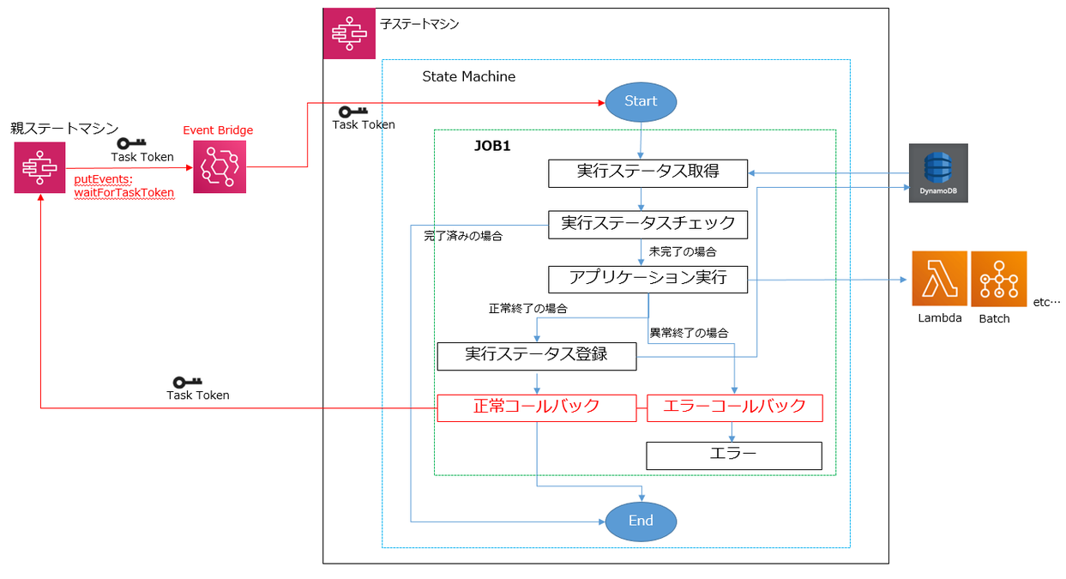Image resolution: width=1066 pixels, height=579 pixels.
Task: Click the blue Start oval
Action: tap(641, 101)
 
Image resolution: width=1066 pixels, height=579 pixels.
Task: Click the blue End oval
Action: tap(641, 521)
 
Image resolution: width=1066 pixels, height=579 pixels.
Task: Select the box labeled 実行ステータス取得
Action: tap(647, 172)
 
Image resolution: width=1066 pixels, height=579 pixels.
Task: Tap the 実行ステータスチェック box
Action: tap(647, 224)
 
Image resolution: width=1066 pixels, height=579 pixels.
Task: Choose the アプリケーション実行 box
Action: tap(647, 279)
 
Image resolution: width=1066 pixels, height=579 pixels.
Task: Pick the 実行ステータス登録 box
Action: tap(536, 356)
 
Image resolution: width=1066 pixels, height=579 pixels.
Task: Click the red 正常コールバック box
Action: tap(536, 407)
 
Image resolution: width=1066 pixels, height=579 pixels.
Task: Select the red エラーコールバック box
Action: tap(735, 407)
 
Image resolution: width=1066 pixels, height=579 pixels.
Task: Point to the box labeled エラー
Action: tap(733, 455)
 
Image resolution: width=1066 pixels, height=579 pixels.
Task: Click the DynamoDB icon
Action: tap(938, 172)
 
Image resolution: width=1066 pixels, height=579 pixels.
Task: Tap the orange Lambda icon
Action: tap(939, 279)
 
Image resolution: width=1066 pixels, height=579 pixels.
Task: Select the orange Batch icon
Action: tap(998, 279)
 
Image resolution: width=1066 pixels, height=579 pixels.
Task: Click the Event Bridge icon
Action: tap(220, 166)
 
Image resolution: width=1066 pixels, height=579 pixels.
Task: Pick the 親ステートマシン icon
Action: tap(39, 167)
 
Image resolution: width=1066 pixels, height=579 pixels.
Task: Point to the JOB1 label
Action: tap(492, 146)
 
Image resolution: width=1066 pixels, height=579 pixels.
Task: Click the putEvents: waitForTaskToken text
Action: tap(124, 186)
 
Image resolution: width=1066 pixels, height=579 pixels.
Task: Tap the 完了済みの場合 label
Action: tap(463, 236)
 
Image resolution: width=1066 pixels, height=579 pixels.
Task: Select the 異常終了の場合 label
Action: tap(689, 333)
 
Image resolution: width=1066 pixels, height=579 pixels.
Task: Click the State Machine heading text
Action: tap(468, 76)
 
